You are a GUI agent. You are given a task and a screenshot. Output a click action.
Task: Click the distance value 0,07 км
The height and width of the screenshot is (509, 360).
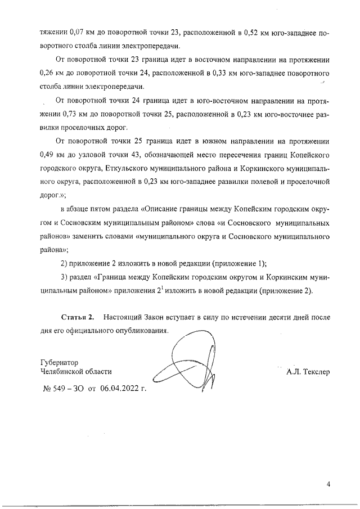point(71,34)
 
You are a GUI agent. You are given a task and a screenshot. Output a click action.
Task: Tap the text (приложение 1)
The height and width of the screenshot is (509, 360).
point(235,263)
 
